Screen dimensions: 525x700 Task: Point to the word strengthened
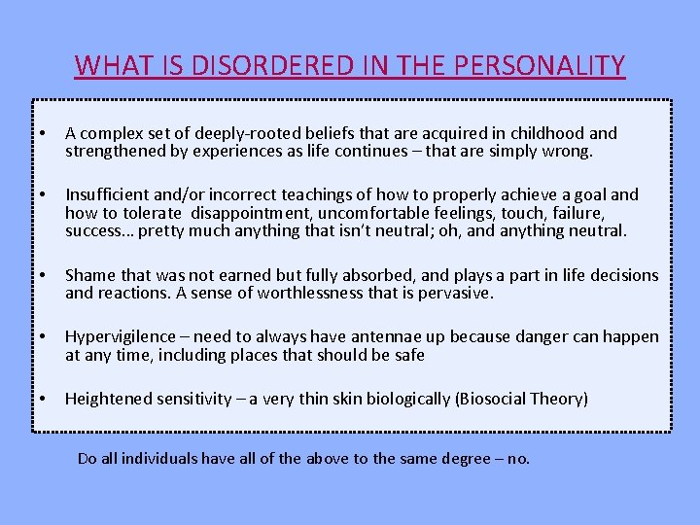(113, 152)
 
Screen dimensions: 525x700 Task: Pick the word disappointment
(249, 213)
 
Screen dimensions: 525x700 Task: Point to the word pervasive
(458, 293)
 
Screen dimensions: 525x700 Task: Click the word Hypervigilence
(122, 336)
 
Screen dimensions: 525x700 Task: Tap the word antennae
(389, 336)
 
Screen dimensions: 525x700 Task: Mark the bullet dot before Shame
(45, 275)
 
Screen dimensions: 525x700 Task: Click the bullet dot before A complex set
(45, 133)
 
